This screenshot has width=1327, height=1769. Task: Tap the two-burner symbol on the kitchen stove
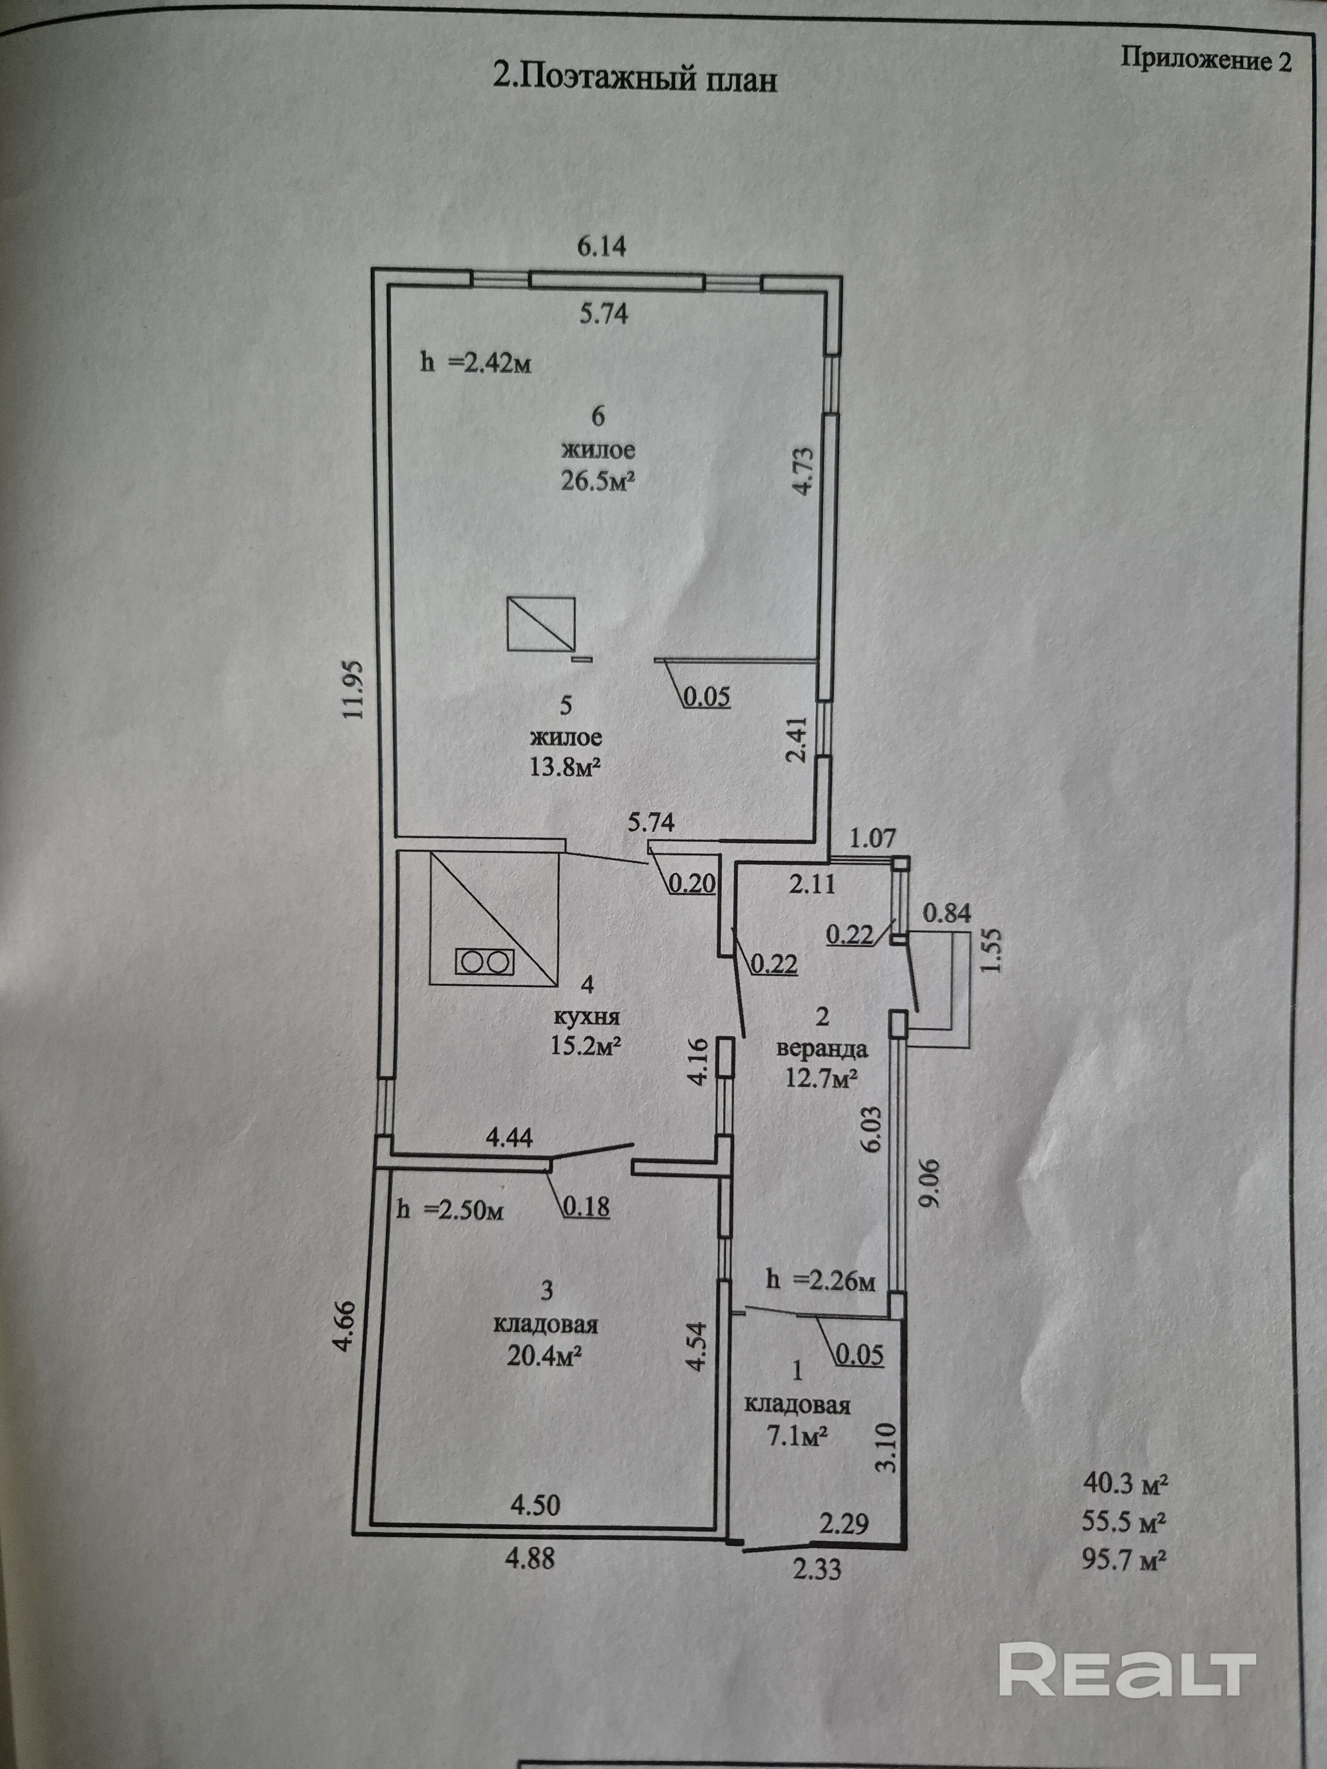[x=484, y=961]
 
